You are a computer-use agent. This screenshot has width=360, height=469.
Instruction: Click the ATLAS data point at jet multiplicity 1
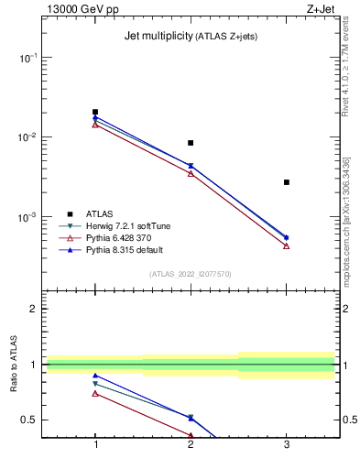click(95, 112)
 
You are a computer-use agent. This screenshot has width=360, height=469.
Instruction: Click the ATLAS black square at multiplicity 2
click(191, 143)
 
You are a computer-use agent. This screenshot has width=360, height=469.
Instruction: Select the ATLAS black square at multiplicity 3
click(287, 182)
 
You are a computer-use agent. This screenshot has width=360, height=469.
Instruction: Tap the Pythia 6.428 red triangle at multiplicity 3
click(287, 245)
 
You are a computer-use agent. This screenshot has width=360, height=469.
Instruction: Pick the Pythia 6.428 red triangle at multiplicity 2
click(191, 173)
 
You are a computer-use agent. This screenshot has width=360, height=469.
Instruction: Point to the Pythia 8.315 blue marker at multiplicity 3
click(287, 237)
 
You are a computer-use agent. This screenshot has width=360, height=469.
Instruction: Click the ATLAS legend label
click(99, 213)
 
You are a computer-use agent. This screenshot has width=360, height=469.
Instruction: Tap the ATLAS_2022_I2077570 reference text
click(191, 274)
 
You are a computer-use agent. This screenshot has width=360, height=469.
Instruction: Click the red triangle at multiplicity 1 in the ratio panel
click(95, 393)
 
